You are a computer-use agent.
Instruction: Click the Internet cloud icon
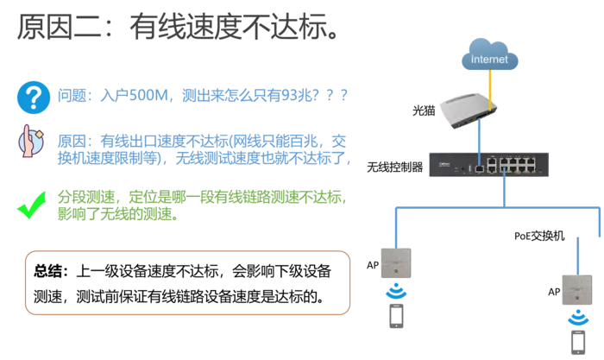(x=489, y=54)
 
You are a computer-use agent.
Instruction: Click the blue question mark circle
(x=34, y=98)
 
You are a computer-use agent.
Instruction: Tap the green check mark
(x=32, y=205)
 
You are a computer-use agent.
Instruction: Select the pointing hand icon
(x=31, y=141)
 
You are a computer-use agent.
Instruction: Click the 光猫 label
(x=424, y=111)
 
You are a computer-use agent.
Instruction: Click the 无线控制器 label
(x=395, y=167)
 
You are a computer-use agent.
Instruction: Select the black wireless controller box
(x=489, y=165)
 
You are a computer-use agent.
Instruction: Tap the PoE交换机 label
(x=539, y=236)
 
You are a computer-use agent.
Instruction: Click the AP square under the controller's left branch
(x=396, y=263)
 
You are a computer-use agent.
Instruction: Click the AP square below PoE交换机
(x=577, y=290)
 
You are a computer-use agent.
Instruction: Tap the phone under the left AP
(x=396, y=316)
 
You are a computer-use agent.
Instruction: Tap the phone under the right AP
(x=578, y=342)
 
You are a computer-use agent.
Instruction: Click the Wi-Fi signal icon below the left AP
(x=396, y=292)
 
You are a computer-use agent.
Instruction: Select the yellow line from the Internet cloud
(x=490, y=90)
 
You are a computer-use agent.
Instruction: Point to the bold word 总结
(x=47, y=271)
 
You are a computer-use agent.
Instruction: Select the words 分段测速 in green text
(x=86, y=197)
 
